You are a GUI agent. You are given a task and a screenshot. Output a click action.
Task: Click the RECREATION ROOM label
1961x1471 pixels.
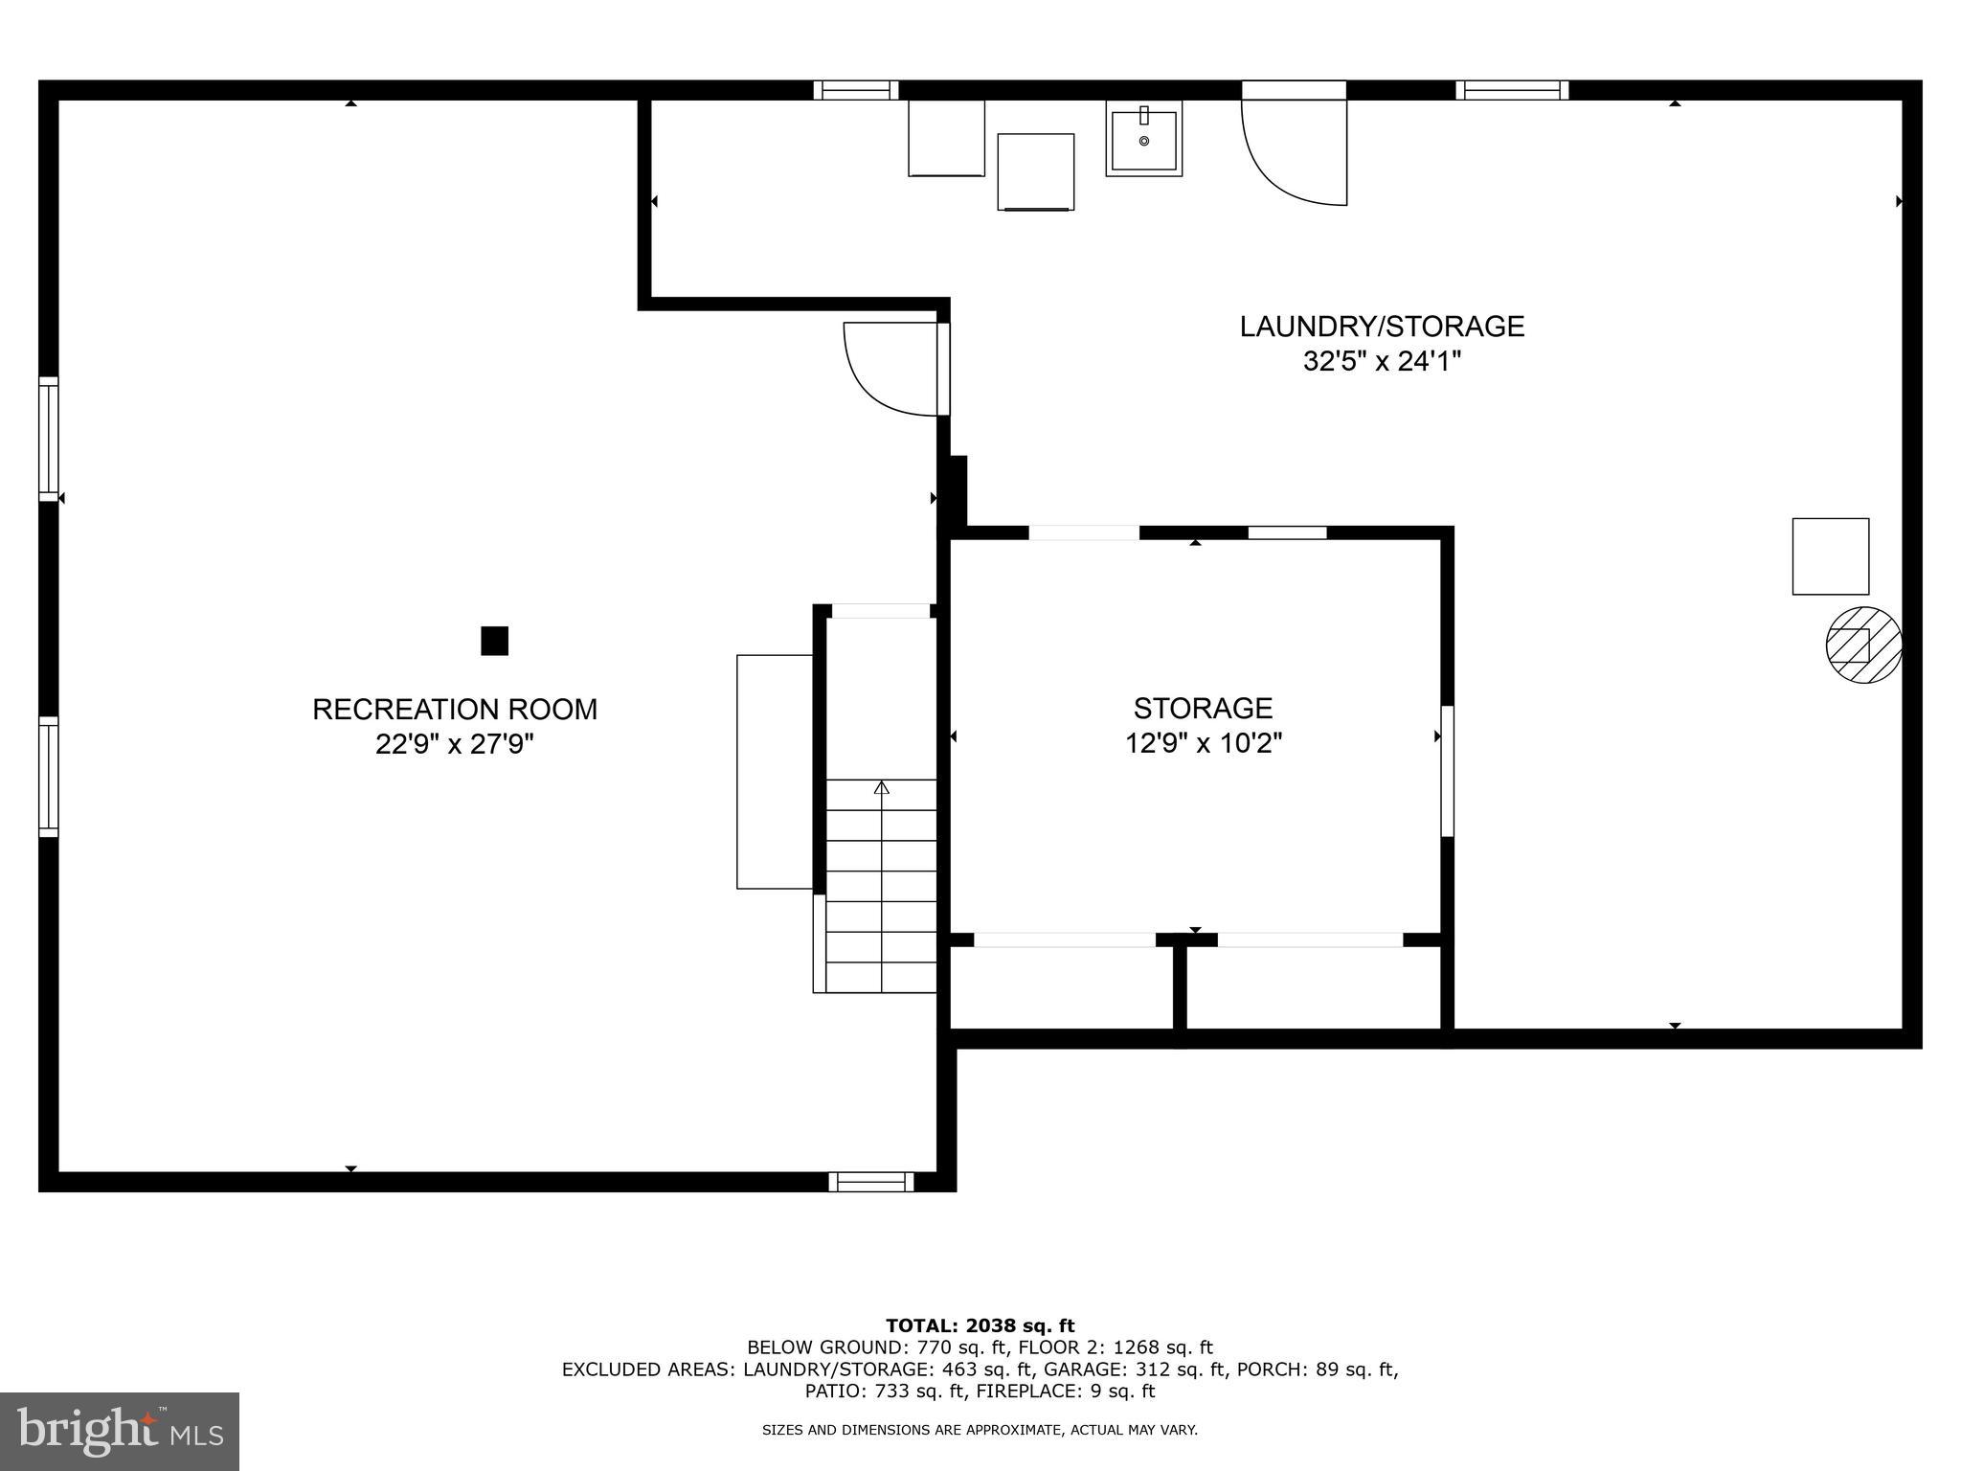click(x=455, y=710)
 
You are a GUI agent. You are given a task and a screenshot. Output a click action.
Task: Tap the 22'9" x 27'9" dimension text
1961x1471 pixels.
click(x=455, y=744)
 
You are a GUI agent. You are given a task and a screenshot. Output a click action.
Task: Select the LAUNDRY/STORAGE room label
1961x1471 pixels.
click(x=1382, y=327)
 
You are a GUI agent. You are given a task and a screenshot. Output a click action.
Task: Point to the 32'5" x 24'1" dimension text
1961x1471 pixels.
click(x=1382, y=362)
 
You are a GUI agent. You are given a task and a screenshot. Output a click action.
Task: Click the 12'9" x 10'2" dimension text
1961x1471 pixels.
click(x=1203, y=743)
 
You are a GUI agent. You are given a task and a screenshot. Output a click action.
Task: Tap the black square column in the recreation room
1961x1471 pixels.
click(x=494, y=641)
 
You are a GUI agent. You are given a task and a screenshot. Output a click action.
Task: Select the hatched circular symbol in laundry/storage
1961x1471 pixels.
click(x=1863, y=645)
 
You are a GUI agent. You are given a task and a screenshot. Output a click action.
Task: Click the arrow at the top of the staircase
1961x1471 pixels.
click(x=881, y=787)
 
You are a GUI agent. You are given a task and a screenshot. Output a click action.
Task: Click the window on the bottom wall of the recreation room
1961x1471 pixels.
click(x=870, y=1182)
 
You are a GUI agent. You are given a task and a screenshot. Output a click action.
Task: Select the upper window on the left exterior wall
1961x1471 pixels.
click(x=48, y=439)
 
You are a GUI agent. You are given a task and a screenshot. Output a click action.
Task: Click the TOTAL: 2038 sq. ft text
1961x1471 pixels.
click(x=980, y=1325)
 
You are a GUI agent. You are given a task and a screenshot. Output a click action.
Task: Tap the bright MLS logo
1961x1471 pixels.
click(x=119, y=1431)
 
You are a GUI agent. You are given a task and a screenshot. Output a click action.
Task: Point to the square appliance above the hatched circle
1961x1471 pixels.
click(x=1830, y=556)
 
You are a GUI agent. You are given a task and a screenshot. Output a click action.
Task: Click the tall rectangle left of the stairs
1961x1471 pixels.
click(x=774, y=772)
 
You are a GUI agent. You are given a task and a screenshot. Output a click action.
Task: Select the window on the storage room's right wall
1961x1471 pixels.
click(x=1447, y=771)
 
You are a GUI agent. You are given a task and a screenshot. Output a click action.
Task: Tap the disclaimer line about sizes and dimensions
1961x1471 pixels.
click(x=980, y=1430)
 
